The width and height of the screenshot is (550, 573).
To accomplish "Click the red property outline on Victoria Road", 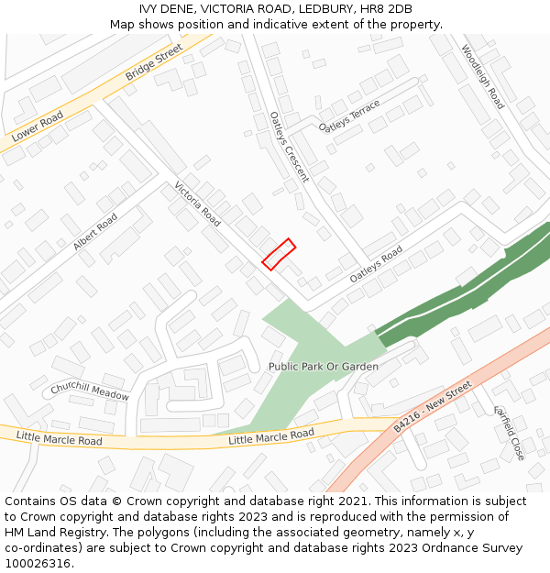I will [279, 254].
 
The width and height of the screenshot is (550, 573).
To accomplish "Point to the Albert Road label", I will [94, 233].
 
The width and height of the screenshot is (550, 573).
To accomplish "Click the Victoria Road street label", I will [197, 204].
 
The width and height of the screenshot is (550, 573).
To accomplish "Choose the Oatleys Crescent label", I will [290, 147].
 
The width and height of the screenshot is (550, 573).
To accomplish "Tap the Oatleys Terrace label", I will [349, 116].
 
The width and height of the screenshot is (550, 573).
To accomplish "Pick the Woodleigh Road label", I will [482, 77].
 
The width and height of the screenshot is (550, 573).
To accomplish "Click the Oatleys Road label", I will [376, 264].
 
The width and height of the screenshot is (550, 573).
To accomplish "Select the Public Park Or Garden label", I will [323, 367].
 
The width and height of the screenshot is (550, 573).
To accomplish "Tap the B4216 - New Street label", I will [432, 407].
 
